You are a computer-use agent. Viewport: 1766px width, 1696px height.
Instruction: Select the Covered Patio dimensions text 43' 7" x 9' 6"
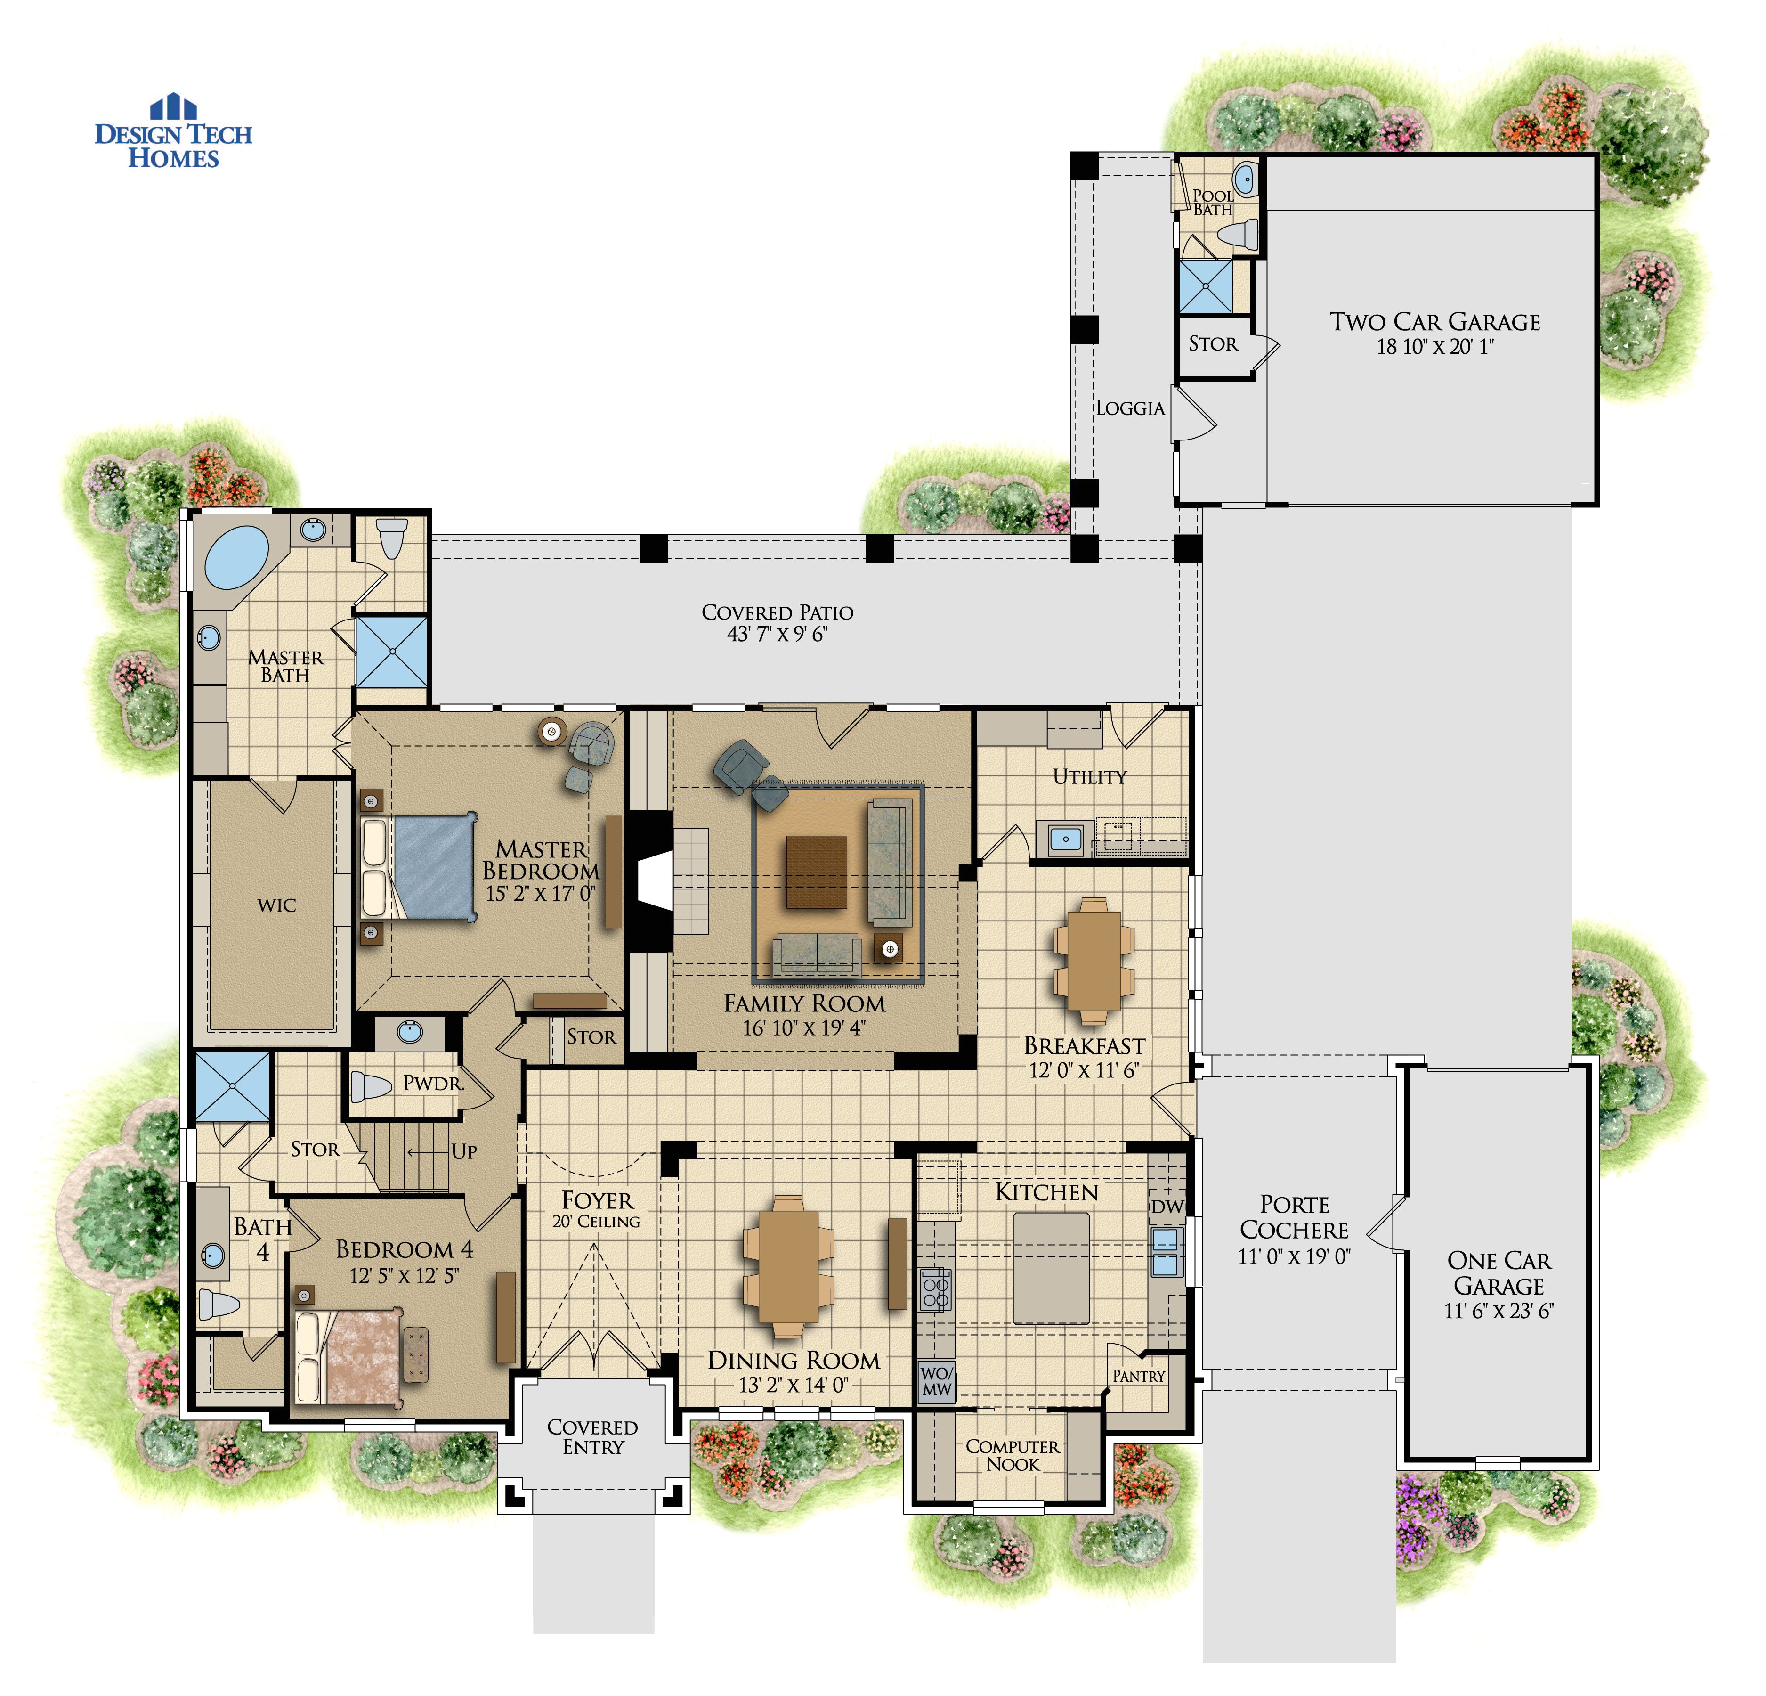point(777,635)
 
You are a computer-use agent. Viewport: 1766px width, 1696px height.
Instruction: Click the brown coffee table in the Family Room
point(816,872)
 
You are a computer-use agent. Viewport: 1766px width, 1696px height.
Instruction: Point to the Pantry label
point(1138,1376)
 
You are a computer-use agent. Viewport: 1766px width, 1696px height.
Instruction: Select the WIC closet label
point(276,905)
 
